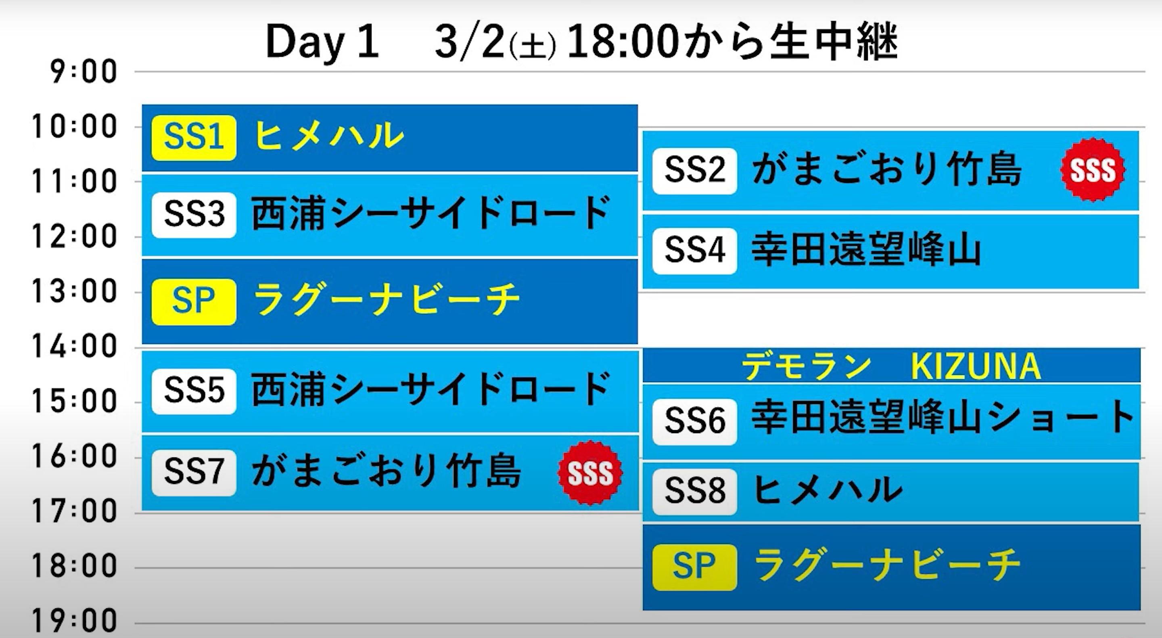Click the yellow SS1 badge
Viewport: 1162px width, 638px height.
click(x=194, y=138)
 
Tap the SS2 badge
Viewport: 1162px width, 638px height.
click(x=695, y=171)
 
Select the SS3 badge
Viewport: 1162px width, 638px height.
click(x=194, y=215)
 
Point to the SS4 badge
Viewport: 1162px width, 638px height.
click(x=695, y=251)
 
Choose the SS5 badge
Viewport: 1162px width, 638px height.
click(x=194, y=391)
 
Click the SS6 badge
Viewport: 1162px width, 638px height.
click(x=695, y=422)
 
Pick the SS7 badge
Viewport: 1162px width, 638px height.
click(x=194, y=473)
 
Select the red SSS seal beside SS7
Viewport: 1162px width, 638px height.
click(x=590, y=473)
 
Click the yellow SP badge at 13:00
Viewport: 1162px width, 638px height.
click(x=194, y=302)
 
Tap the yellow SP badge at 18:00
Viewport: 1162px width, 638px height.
click(x=695, y=567)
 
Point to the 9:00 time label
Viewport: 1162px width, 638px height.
click(x=84, y=72)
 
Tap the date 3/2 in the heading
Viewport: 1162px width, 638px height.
click(x=469, y=42)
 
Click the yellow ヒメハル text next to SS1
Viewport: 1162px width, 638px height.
click(x=328, y=135)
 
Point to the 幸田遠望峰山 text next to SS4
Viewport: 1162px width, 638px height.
click(x=866, y=249)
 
